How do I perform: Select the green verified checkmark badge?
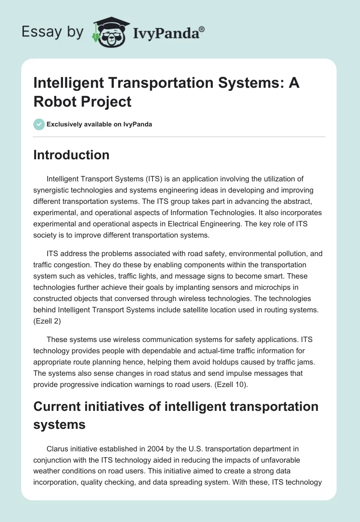point(39,124)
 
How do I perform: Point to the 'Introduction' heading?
point(72,155)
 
